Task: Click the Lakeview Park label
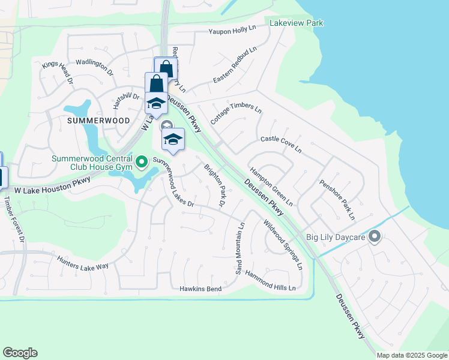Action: pos(297,23)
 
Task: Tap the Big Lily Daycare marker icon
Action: pos(375,237)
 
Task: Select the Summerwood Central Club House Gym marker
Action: pos(142,161)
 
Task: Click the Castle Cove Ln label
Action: pos(281,144)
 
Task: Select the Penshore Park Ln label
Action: pos(337,199)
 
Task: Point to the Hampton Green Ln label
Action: pos(271,185)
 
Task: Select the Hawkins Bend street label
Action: pos(201,289)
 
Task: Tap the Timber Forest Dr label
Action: pos(14,220)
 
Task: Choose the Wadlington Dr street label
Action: pos(95,67)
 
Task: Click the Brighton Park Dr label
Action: pos(213,186)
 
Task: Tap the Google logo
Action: pos(20,353)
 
